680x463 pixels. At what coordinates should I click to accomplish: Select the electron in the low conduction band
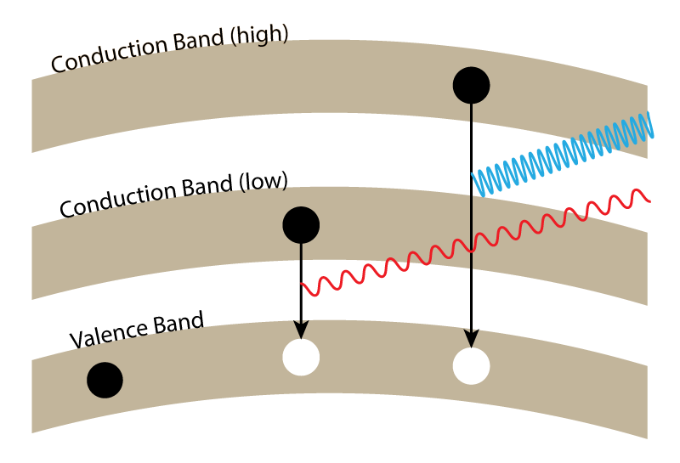click(301, 224)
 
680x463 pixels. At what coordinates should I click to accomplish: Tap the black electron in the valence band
click(105, 380)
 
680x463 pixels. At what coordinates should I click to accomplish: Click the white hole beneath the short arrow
click(301, 356)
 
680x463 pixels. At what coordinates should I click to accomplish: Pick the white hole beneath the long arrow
click(471, 366)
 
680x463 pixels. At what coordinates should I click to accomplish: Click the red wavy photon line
click(476, 243)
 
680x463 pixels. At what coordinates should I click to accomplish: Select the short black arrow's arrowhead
click(301, 330)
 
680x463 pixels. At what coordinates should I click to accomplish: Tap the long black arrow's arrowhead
click(471, 341)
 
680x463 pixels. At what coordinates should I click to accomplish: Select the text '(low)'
click(265, 184)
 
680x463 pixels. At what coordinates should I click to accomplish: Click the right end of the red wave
click(649, 200)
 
